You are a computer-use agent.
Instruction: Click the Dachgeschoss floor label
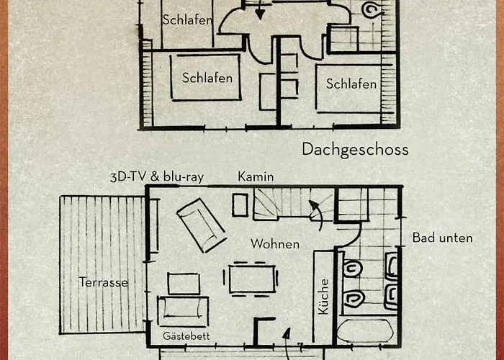click(x=355, y=150)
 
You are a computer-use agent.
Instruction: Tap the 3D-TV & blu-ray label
click(x=157, y=177)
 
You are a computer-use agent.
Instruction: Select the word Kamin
click(x=256, y=176)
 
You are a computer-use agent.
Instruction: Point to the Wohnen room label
click(x=275, y=243)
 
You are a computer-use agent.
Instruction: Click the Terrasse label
click(x=104, y=282)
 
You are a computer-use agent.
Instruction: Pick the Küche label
click(x=324, y=297)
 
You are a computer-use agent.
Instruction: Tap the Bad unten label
click(x=443, y=238)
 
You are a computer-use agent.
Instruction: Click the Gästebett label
click(x=186, y=336)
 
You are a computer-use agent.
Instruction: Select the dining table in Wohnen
click(x=252, y=279)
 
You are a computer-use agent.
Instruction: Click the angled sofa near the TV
click(x=201, y=225)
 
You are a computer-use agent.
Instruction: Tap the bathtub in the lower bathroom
click(x=366, y=330)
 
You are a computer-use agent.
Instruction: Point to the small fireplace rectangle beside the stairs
click(x=240, y=204)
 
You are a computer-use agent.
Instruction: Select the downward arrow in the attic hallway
click(x=260, y=10)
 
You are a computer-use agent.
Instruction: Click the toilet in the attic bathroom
click(x=372, y=9)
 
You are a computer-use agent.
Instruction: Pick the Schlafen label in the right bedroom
click(x=351, y=84)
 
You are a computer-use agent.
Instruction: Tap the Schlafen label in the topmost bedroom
click(x=187, y=19)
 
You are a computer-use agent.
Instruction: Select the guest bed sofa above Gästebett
click(x=183, y=312)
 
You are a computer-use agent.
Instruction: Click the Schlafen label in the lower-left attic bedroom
click(x=207, y=78)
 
